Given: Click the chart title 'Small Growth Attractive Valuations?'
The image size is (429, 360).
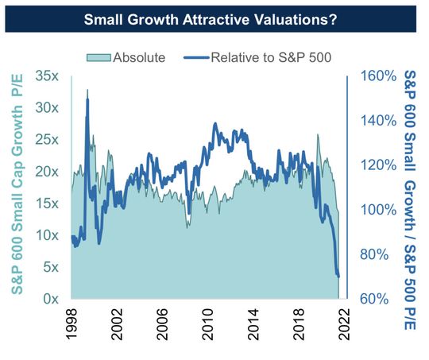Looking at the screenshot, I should click(214, 19).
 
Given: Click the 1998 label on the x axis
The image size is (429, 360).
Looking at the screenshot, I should click(71, 325).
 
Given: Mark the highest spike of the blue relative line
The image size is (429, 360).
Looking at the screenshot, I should click(87, 90).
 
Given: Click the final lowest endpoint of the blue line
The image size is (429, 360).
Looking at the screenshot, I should click(339, 277).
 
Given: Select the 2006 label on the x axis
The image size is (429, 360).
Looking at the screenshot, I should click(163, 325).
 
